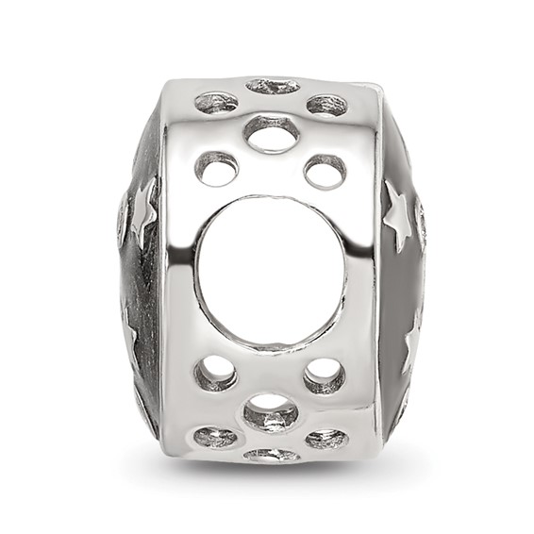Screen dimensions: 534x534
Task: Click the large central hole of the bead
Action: pyautogui.click(x=271, y=271)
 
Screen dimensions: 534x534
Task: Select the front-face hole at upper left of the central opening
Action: pyautogui.click(x=217, y=169)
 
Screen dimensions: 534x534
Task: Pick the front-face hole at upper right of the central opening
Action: pyautogui.click(x=325, y=171)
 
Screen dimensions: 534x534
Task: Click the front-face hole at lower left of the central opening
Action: pyautogui.click(x=216, y=374)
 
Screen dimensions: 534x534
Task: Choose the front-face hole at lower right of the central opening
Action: pyautogui.click(x=325, y=375)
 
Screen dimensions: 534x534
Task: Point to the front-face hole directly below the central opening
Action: pyautogui.click(x=271, y=411)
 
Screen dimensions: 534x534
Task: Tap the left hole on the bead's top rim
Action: pyautogui.click(x=217, y=102)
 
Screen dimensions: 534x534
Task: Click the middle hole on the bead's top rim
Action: pyautogui.click(x=273, y=86)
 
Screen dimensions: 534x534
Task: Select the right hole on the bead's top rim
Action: pyautogui.click(x=326, y=104)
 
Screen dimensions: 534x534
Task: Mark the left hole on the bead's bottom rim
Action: pyautogui.click(x=216, y=437)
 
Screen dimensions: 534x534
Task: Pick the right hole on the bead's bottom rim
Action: pyautogui.click(x=325, y=438)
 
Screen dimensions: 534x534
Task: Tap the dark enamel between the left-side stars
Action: pyautogui.click(x=142, y=274)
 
